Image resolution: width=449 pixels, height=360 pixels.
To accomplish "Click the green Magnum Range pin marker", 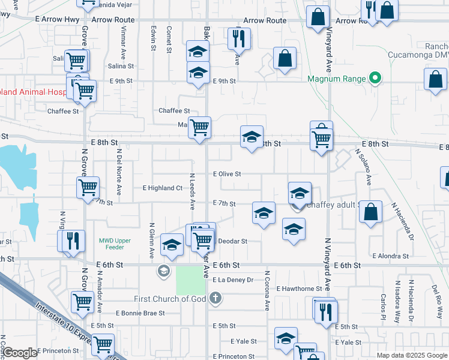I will [x=376, y=78].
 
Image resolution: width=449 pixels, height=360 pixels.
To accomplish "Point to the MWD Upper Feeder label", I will [x=111, y=244].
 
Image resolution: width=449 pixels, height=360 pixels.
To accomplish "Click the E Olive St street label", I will [x=227, y=174].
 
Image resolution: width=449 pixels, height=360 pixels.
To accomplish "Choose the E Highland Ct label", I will [x=162, y=188].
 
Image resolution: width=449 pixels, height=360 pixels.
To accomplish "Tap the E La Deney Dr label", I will [x=233, y=280].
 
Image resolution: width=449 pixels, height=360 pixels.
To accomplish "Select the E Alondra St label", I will [x=390, y=256].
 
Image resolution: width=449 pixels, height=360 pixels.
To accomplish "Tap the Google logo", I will [x=20, y=353].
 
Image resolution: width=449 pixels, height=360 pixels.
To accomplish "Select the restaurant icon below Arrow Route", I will [x=240, y=39].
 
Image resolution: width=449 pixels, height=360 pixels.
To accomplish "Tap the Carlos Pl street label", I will [x=382, y=306].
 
